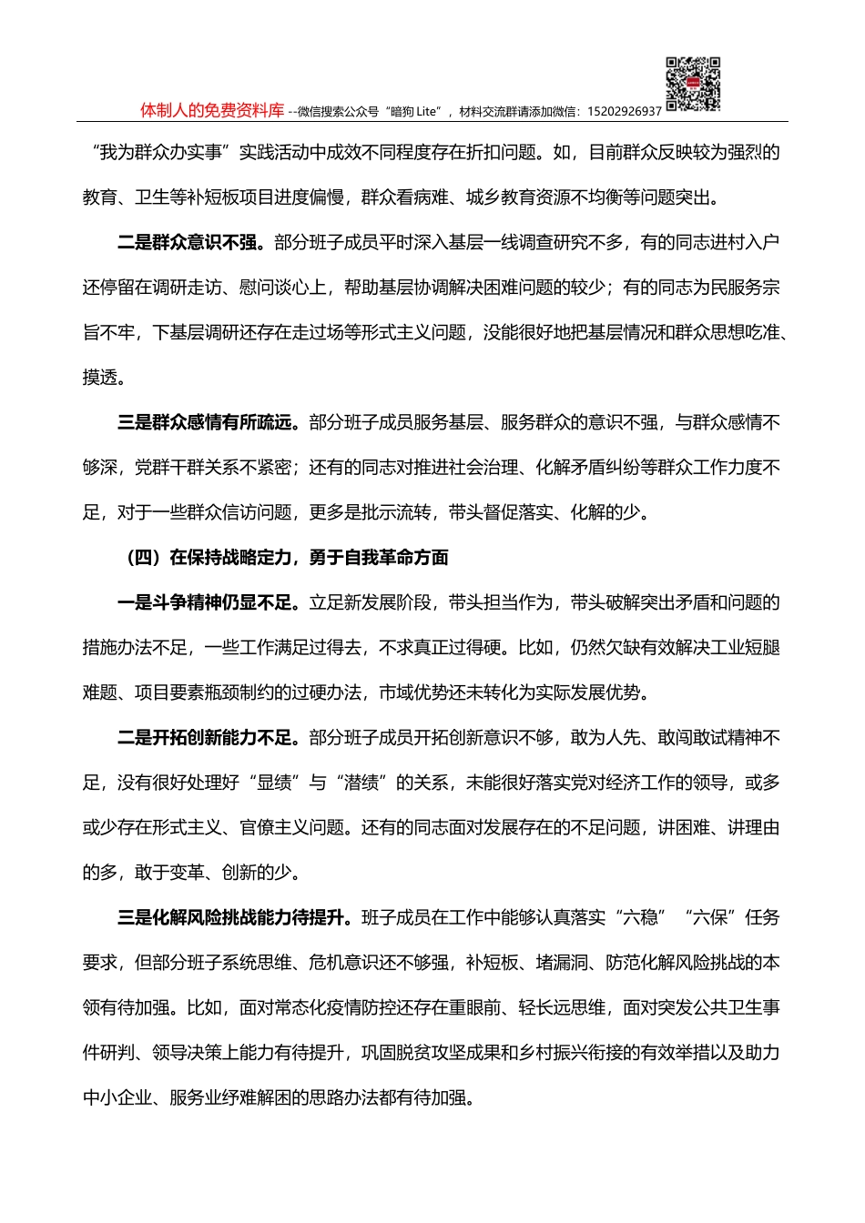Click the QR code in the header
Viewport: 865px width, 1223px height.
pyautogui.click(x=693, y=85)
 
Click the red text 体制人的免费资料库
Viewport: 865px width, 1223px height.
pyautogui.click(x=212, y=111)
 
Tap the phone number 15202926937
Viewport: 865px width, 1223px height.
pyautogui.click(x=625, y=112)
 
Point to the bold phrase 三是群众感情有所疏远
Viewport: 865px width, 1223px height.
pyautogui.click(x=209, y=423)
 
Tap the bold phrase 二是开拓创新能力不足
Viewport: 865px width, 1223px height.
pyautogui.click(x=209, y=738)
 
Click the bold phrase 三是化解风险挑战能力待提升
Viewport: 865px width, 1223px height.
pyautogui.click(x=234, y=918)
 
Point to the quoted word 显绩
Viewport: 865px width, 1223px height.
pyautogui.click(x=273, y=783)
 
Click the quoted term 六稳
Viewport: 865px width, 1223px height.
pyautogui.click(x=640, y=918)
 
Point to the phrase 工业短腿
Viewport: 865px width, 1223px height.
pyautogui.click(x=746, y=648)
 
